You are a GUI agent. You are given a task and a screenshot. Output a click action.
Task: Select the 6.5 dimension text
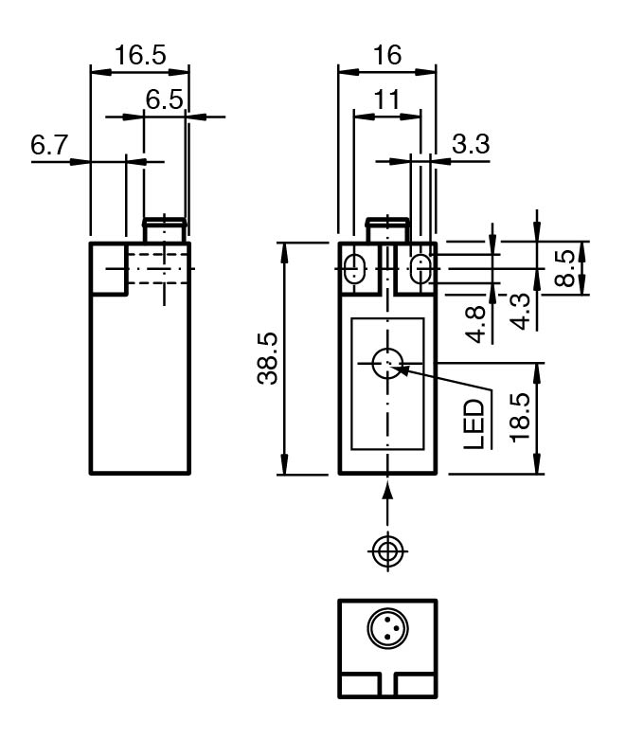[164, 99]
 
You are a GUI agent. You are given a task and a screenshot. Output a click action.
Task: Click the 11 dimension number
[386, 99]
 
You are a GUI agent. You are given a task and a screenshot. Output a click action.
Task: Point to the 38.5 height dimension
[268, 358]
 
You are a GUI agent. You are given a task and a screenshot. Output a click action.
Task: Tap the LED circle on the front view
[387, 363]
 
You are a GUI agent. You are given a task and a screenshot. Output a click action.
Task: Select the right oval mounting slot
[420, 268]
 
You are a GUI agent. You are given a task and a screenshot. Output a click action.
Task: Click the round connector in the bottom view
[387, 630]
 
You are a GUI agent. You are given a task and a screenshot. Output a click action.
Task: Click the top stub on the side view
[164, 229]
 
